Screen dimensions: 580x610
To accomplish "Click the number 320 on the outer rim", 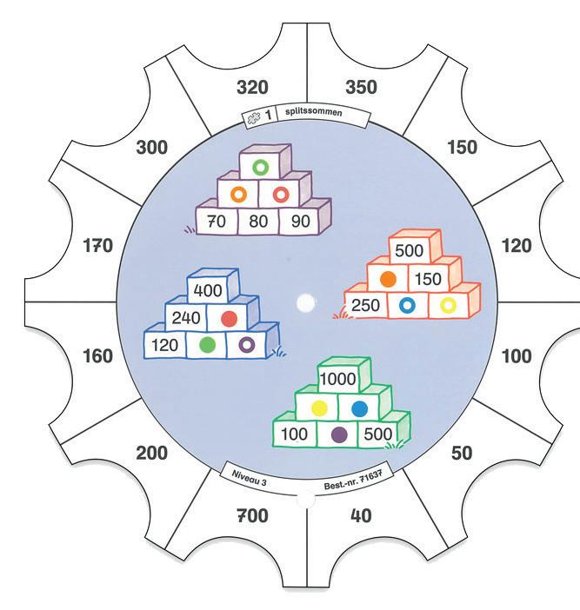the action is click(x=251, y=88).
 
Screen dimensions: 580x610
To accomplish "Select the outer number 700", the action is click(x=252, y=516).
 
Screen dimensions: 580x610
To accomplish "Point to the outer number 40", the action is click(x=360, y=516).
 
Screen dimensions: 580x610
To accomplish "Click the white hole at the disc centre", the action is click(x=305, y=303).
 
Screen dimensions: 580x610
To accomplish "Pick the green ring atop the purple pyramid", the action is click(x=258, y=165).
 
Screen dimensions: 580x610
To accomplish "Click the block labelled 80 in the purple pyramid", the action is click(x=258, y=222).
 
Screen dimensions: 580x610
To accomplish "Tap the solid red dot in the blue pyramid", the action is click(x=230, y=318).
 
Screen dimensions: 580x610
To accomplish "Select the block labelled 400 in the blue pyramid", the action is click(x=208, y=291).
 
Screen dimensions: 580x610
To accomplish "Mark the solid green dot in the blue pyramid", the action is click(x=207, y=345).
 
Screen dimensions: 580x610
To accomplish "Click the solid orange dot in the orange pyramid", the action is click(x=389, y=279).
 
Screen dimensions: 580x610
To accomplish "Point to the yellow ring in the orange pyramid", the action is click(x=448, y=305).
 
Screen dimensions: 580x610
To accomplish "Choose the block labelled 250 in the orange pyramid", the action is click(x=365, y=305).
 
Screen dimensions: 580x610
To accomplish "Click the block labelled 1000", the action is click(x=339, y=380).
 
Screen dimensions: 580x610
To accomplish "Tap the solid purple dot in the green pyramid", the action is click(x=339, y=434).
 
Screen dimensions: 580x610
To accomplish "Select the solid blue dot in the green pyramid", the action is click(x=359, y=408).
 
